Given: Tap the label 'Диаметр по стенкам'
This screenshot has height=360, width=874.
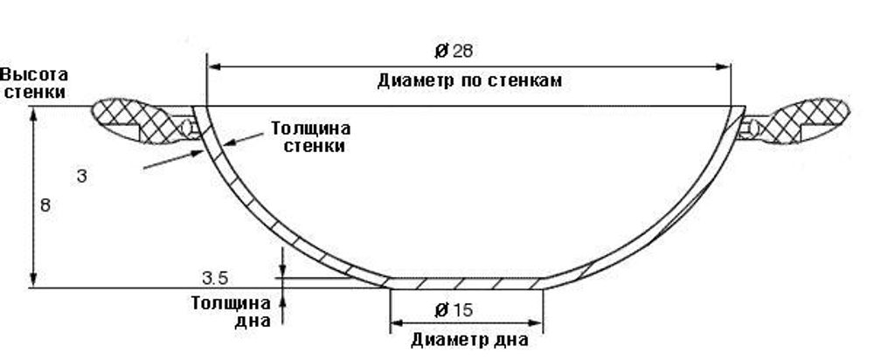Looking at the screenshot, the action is [469, 81].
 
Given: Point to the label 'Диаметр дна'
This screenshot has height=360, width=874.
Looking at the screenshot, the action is [468, 340].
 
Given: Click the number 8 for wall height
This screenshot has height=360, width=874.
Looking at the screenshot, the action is [45, 206].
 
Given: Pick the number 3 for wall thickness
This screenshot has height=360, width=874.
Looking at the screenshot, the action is [80, 177].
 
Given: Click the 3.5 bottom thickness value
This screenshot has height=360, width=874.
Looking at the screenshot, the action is [215, 279].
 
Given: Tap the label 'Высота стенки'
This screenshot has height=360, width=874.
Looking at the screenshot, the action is [34, 82].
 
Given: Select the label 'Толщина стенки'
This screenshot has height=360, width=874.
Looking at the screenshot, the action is [310, 136].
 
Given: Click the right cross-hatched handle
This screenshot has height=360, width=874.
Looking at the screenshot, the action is [808, 119].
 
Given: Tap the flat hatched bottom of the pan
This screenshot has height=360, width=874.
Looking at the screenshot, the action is [468, 283].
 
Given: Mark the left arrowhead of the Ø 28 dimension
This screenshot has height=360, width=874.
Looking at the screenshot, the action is [212, 65].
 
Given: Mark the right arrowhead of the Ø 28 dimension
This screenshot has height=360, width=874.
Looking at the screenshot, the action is [725, 65].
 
